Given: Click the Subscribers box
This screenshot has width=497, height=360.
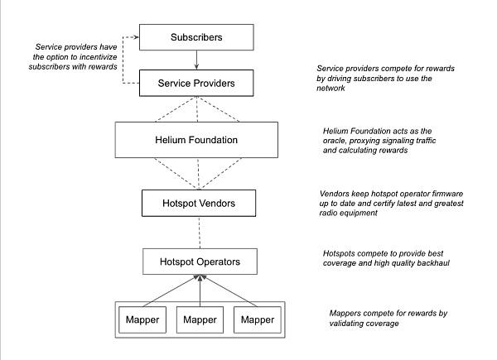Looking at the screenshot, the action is tap(196, 37).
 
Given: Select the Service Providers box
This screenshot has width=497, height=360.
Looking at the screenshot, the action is tap(196, 83).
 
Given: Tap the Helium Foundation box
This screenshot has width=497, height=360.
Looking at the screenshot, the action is tap(196, 140).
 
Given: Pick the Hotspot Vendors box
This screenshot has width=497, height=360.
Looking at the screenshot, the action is tap(199, 203).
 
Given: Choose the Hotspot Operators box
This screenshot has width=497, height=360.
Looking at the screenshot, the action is tap(200, 262).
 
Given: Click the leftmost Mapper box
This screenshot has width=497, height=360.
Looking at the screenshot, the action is tap(142, 319).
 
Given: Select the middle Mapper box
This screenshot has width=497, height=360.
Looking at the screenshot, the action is tap(200, 319).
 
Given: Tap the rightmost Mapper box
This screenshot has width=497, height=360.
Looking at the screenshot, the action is tap(258, 319).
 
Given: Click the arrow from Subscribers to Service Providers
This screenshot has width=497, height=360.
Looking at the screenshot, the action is tap(196, 60).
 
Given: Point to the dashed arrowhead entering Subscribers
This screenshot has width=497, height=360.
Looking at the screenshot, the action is tap(137, 37).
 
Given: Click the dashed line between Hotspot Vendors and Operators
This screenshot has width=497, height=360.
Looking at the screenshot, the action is tap(200, 233).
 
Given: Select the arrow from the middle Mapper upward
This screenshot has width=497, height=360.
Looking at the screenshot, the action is tap(200, 290).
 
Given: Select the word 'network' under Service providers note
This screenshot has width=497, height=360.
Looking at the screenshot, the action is tap(331, 88).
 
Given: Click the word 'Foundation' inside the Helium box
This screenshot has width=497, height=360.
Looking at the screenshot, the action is tap(213, 140).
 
